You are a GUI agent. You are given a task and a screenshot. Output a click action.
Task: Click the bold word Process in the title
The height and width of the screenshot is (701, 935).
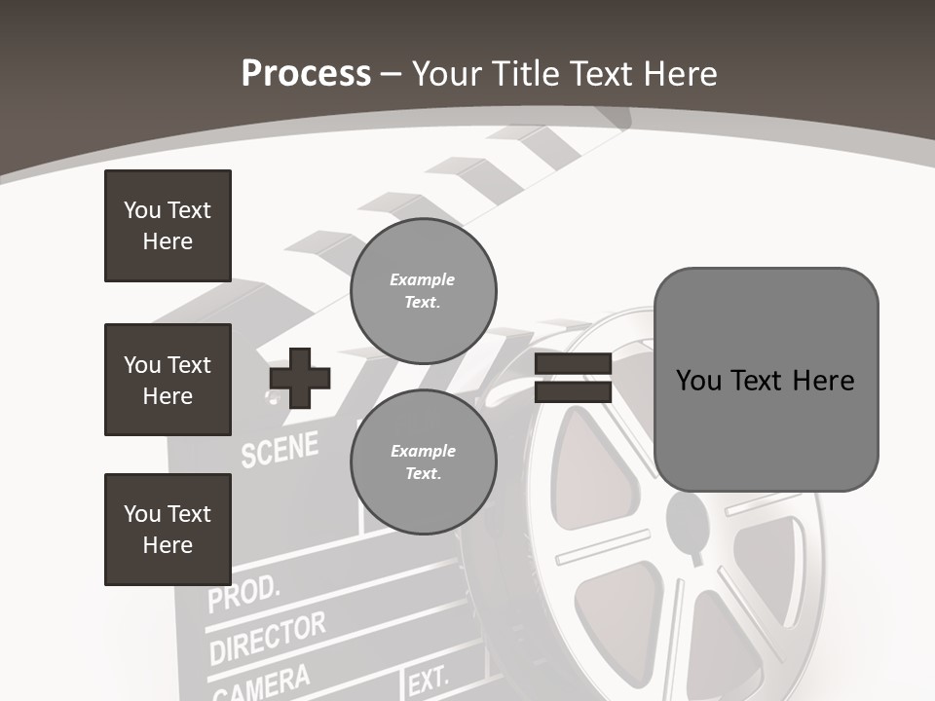[306, 74]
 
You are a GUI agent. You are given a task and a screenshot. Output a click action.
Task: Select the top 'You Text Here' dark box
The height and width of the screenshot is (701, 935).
[168, 226]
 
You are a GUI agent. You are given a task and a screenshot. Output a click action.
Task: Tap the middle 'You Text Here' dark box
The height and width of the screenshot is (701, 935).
[168, 380]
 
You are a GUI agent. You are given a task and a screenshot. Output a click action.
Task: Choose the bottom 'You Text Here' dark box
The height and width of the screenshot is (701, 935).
[168, 530]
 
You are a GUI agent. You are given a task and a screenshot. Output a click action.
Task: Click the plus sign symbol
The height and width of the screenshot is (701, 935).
[300, 378]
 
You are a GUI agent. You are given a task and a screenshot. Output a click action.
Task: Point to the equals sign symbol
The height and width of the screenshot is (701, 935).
[573, 378]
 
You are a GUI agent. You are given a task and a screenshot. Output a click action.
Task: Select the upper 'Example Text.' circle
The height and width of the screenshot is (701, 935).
[423, 291]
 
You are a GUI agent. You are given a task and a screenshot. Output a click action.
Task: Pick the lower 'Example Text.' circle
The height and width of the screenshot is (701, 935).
[423, 462]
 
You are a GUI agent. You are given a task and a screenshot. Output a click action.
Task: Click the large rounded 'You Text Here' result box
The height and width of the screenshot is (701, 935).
[766, 380]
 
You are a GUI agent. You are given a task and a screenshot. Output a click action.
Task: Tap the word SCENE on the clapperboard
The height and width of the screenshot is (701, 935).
[280, 449]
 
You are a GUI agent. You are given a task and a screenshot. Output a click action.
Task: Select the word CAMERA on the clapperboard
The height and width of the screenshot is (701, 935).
[260, 683]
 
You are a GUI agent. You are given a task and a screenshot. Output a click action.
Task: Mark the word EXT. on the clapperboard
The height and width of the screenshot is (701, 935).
[429, 681]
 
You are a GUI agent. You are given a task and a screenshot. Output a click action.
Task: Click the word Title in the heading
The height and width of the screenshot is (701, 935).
[527, 74]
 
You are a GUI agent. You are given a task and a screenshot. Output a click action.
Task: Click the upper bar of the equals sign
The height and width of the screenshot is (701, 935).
[573, 364]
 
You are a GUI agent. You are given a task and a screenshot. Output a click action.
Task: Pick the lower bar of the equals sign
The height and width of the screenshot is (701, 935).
[573, 391]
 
